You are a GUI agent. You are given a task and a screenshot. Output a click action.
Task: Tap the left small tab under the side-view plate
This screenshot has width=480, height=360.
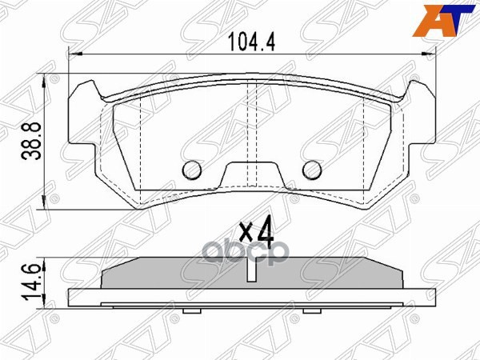(x=190, y=310)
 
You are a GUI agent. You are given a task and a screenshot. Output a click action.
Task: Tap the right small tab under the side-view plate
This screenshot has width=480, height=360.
(x=313, y=310)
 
